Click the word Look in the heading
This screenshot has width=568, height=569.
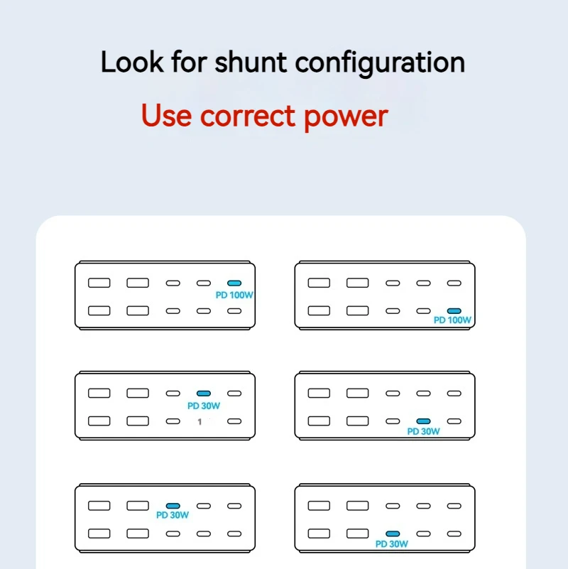(x=133, y=63)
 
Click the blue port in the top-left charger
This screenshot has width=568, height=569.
(x=234, y=283)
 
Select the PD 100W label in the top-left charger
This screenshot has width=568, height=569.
(x=234, y=293)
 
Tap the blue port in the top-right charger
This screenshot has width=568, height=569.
(x=454, y=310)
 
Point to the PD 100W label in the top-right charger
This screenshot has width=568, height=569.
(x=452, y=320)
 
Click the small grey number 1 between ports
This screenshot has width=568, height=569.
(x=200, y=422)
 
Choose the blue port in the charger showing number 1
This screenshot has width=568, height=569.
(x=203, y=393)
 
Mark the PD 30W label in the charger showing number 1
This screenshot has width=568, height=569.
(x=204, y=406)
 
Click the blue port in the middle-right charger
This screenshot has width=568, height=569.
(x=423, y=421)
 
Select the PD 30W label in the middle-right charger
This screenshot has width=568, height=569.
(x=423, y=431)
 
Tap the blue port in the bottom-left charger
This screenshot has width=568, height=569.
(x=173, y=506)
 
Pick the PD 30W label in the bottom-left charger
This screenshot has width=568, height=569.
(x=173, y=516)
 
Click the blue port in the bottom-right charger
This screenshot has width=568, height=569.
(x=392, y=533)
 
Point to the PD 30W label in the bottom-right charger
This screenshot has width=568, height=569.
(x=392, y=544)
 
